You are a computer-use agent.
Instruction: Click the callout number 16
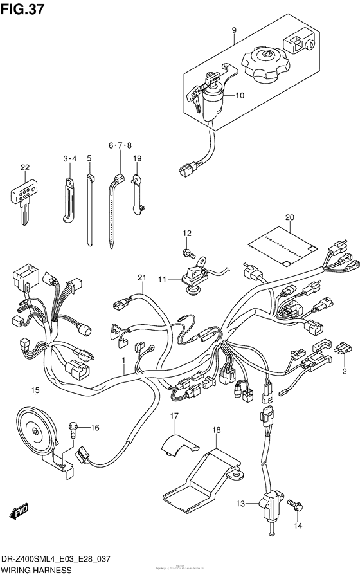click(x=94, y=428)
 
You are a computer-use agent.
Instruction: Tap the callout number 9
click(x=234, y=30)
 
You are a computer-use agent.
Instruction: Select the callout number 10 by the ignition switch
click(x=240, y=96)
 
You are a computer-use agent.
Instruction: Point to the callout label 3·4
click(x=70, y=159)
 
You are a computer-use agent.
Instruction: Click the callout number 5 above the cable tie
click(x=89, y=159)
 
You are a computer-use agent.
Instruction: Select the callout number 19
click(x=137, y=159)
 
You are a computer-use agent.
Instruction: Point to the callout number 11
click(x=163, y=279)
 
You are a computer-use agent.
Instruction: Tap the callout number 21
click(x=142, y=277)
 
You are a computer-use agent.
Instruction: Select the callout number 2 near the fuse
click(x=345, y=371)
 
